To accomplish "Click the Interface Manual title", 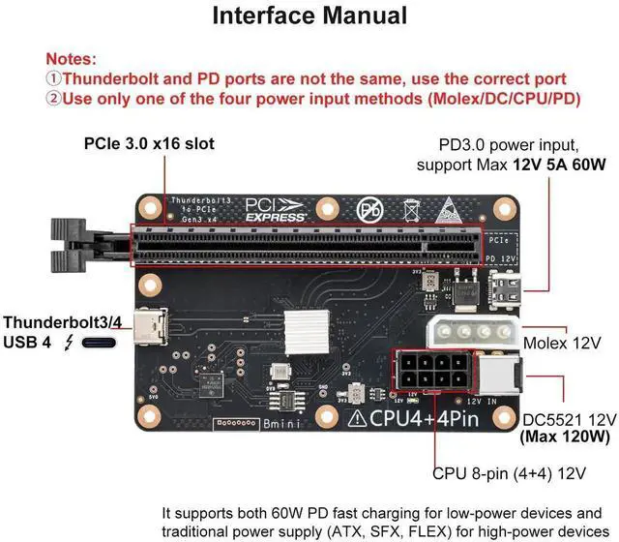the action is point(309,16).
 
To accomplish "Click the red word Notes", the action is point(72,59).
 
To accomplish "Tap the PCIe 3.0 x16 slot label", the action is point(148,144).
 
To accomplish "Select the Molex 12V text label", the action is point(562,344).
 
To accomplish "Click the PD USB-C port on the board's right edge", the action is point(507,288).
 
